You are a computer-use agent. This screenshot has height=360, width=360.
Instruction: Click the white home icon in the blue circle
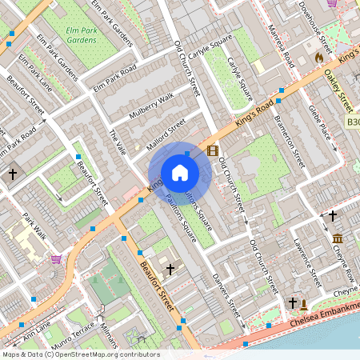[x=180, y=173]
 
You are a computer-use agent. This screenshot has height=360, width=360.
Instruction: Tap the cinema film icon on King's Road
[x=212, y=150]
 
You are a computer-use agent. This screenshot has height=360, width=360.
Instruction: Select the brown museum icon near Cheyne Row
[x=338, y=238]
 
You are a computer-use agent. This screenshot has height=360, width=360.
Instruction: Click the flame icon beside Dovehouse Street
[x=320, y=58]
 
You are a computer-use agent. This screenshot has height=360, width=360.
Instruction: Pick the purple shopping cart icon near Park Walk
[x=56, y=258]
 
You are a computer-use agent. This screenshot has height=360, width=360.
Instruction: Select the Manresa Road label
[x=282, y=48]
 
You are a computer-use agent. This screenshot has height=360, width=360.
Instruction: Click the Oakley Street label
[x=339, y=90]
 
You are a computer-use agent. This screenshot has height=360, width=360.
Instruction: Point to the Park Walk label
[x=35, y=227]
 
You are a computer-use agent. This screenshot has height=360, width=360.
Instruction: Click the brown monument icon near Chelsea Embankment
[x=304, y=303]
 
